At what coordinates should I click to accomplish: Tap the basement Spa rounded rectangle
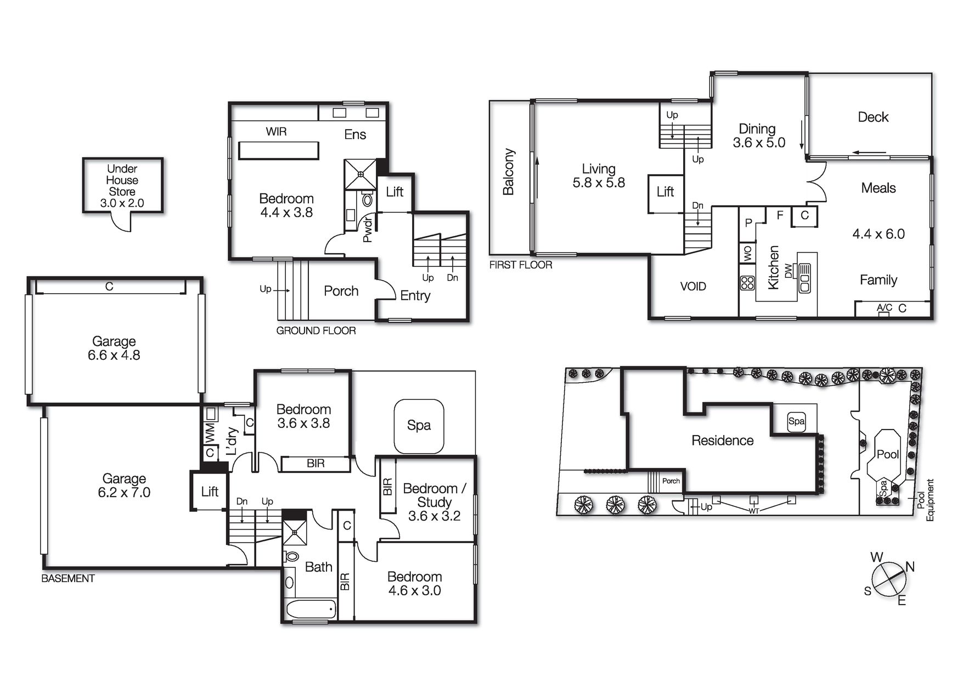coord(419,426)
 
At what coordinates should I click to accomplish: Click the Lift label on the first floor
coord(665,192)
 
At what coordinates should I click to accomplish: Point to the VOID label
coord(693,287)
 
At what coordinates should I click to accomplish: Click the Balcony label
coord(509,171)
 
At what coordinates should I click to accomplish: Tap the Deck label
coord(872,117)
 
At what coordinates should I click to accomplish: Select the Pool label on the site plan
coord(887,454)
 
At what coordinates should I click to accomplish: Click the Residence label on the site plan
coord(722,440)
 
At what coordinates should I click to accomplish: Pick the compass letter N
coord(910,567)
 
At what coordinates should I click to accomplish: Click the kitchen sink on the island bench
coord(805,278)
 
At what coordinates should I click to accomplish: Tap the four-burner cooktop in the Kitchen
coord(747,283)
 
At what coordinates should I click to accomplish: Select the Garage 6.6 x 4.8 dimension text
coord(114,355)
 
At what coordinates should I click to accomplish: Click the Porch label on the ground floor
coord(341,291)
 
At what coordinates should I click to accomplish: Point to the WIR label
coord(276,132)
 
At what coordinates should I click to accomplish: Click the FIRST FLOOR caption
coord(520,265)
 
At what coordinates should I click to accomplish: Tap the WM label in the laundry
coord(210,433)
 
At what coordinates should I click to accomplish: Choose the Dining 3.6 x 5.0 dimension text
coord(759,143)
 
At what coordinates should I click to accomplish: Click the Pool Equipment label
coord(925,500)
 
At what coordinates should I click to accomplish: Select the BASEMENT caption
coord(68,578)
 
